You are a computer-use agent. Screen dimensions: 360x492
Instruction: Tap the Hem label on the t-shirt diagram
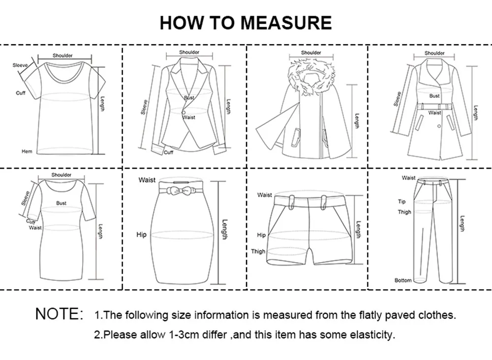27,151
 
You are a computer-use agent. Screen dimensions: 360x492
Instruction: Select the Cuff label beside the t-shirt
20,93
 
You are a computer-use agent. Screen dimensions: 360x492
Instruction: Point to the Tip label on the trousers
402,202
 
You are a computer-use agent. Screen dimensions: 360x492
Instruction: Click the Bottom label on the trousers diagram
403,280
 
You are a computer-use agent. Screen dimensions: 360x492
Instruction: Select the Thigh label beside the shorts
258,251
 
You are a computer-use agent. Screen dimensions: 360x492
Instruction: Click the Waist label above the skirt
147,180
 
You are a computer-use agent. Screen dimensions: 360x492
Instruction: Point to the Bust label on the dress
61,203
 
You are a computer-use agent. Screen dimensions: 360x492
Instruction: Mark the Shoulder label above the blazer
189,52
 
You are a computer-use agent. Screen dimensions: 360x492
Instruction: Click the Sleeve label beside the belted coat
397,98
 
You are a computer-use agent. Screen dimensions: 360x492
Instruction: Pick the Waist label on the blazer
189,118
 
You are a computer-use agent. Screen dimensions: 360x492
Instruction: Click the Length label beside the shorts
358,229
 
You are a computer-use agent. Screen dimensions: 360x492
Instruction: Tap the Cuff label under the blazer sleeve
169,152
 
